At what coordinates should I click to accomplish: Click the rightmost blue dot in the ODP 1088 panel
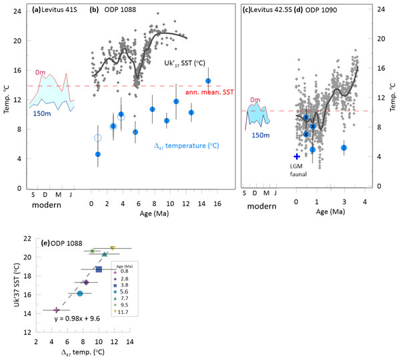(208, 81)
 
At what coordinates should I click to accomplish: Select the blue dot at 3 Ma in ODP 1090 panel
(344, 148)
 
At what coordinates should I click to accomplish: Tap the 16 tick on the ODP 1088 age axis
(216, 197)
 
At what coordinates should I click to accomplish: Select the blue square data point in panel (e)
(99, 269)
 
